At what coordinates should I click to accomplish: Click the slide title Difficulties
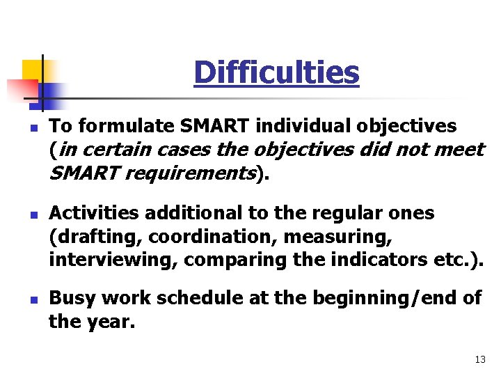tap(276, 72)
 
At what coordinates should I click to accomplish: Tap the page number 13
tap(480, 359)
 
